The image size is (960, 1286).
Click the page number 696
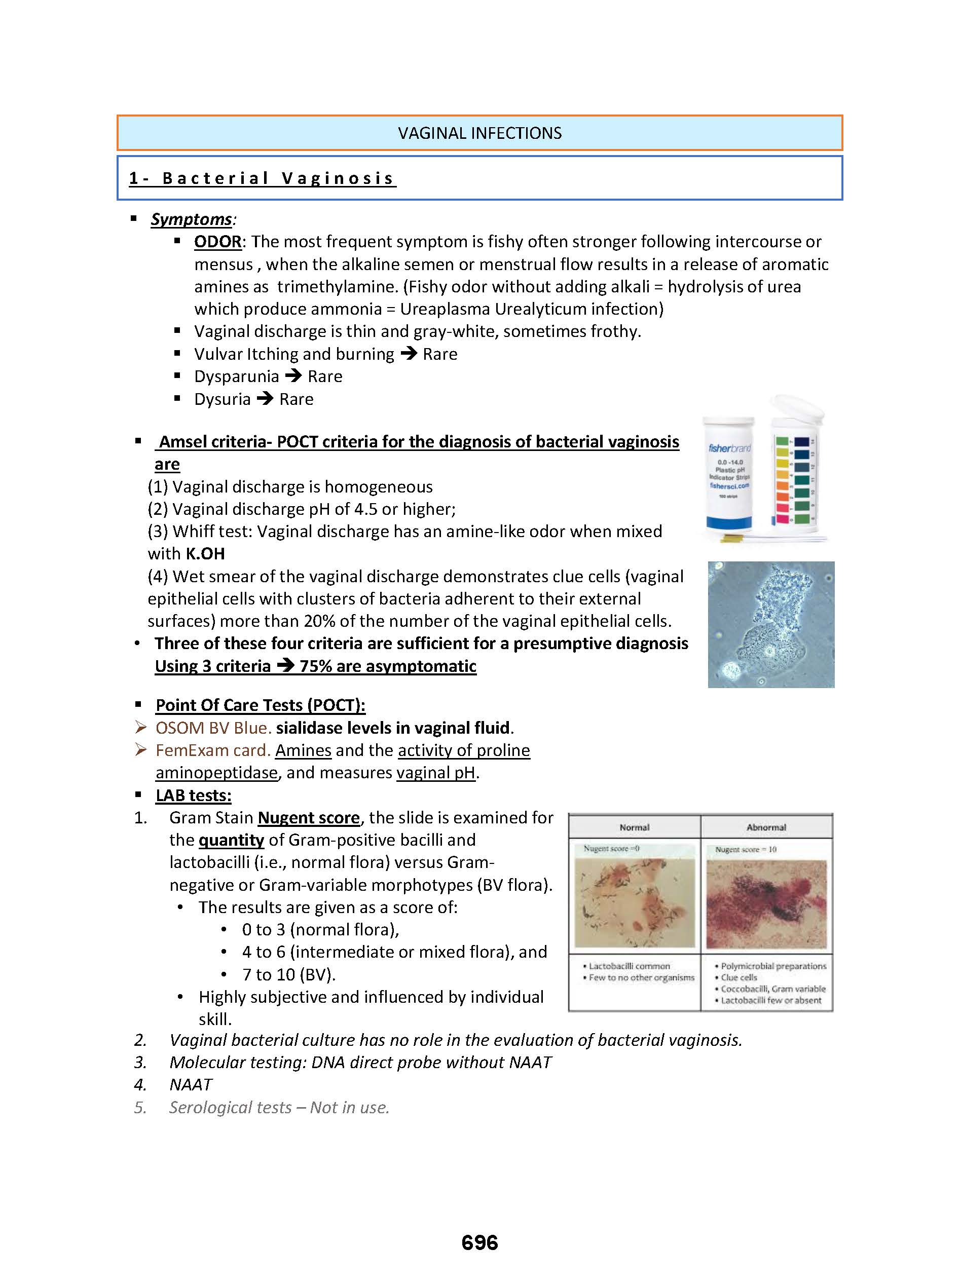479,1242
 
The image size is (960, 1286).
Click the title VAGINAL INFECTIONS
479,133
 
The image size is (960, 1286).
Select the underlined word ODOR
218,242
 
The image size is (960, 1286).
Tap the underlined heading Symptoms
191,219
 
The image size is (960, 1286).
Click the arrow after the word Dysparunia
293,376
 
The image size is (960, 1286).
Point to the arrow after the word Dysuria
265,398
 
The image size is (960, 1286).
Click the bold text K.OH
205,553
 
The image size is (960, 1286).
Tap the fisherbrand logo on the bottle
729,448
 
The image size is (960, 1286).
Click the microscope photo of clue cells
770,624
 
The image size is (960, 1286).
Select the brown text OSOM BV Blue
213,728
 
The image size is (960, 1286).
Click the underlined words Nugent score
309,817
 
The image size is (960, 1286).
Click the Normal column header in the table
634,827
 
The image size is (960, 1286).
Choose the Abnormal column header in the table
766,827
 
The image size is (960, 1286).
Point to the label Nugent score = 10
746,849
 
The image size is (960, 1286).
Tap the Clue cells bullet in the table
739,977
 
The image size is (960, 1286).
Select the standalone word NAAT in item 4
191,1084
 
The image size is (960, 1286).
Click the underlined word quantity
231,840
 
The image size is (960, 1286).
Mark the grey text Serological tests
230,1107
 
